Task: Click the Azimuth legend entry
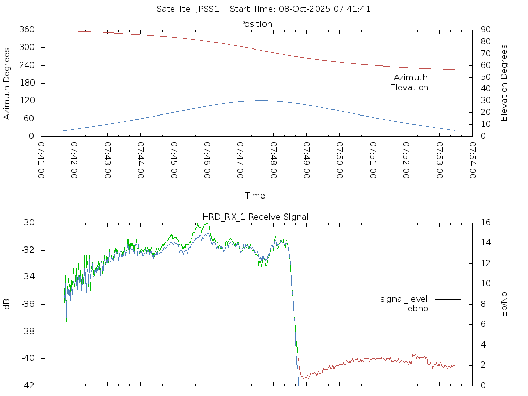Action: point(411,78)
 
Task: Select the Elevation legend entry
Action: point(409,88)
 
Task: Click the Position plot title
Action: point(256,24)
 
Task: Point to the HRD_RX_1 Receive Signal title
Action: point(256,217)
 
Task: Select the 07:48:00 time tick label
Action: point(273,161)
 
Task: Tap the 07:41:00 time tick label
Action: point(41,161)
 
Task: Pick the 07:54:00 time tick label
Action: point(472,161)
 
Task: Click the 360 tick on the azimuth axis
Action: point(27,30)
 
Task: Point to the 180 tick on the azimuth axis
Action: point(27,83)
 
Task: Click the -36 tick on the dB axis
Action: point(28,304)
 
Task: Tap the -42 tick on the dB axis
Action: point(28,385)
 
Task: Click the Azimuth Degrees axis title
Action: point(7,83)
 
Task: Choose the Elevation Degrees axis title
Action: point(504,83)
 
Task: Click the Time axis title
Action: point(255,196)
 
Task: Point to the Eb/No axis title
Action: point(504,304)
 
